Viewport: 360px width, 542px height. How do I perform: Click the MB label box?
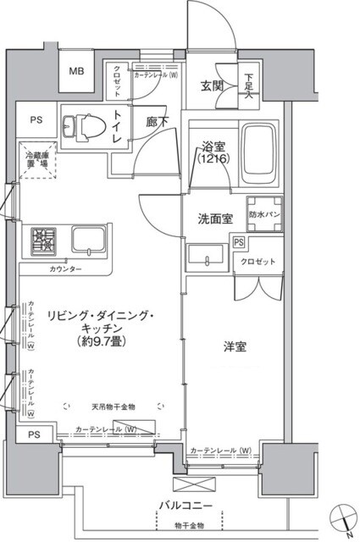pyautogui.click(x=76, y=72)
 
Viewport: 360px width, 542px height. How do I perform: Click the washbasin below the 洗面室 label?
pyautogui.click(x=206, y=256)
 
